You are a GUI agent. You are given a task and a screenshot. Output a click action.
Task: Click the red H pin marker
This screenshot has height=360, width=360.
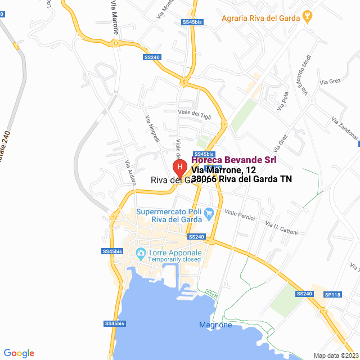point(179,168)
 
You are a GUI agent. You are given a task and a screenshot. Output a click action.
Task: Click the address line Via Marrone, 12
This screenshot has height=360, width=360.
point(223,170)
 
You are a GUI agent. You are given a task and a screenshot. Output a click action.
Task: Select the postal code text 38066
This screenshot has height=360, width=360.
point(204,179)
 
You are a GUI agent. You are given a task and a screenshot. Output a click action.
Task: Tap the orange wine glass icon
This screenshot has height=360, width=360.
point(307,16)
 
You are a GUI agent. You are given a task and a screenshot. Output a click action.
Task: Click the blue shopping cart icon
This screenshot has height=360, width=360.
point(209,213)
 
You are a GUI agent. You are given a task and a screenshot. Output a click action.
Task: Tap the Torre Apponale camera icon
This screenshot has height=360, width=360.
point(141,253)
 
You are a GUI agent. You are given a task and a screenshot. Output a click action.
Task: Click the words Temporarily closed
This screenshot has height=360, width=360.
point(174,259)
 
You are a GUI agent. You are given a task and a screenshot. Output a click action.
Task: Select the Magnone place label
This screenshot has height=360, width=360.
point(215,325)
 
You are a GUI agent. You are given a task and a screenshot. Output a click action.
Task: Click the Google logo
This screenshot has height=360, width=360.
point(19,353)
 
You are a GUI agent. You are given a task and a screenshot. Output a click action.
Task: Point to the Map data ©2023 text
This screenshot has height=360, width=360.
point(335,355)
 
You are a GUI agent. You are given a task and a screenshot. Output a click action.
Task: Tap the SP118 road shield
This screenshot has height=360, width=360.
point(333,294)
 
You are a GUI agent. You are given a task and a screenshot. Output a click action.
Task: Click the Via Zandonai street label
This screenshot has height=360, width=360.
point(344,132)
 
